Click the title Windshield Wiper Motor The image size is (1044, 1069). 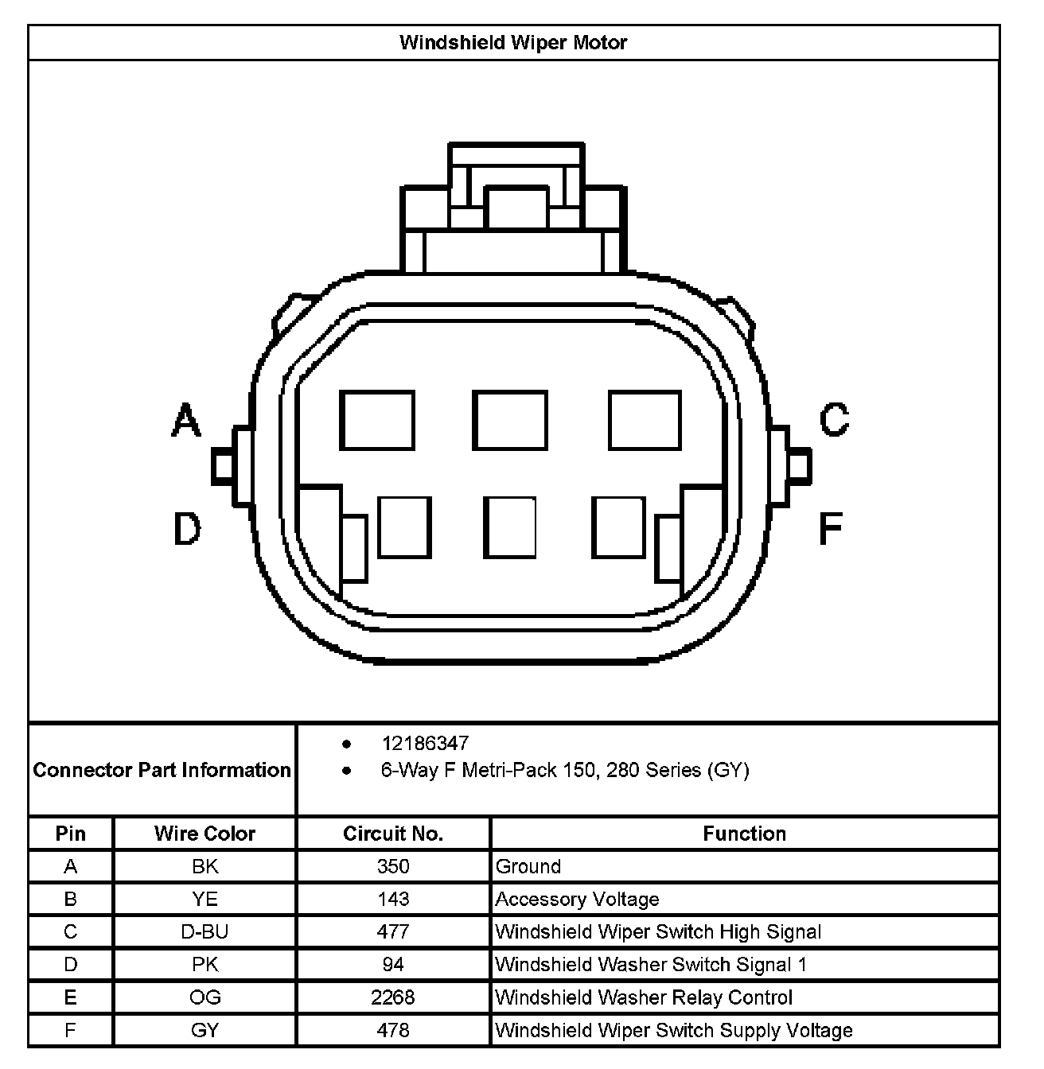(513, 42)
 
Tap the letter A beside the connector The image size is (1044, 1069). (186, 421)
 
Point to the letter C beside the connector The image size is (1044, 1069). (834, 419)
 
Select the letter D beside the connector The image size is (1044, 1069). (187, 529)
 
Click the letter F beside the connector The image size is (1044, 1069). (831, 528)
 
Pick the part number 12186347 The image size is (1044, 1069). (425, 743)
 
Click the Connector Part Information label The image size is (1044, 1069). (162, 770)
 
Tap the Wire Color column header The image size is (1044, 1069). (205, 834)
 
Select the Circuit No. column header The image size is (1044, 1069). (393, 834)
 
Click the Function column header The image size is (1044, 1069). (744, 834)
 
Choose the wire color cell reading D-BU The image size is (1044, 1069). (205, 931)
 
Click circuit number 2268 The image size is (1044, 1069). (393, 997)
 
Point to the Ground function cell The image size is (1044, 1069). (528, 866)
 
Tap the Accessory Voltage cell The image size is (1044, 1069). (577, 899)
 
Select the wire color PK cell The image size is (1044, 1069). (205, 965)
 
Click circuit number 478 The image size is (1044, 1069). (393, 1030)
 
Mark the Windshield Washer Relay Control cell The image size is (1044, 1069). (644, 997)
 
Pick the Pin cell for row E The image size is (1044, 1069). (71, 997)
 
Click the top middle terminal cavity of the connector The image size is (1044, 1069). (510, 420)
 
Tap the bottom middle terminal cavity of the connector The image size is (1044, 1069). (510, 527)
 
